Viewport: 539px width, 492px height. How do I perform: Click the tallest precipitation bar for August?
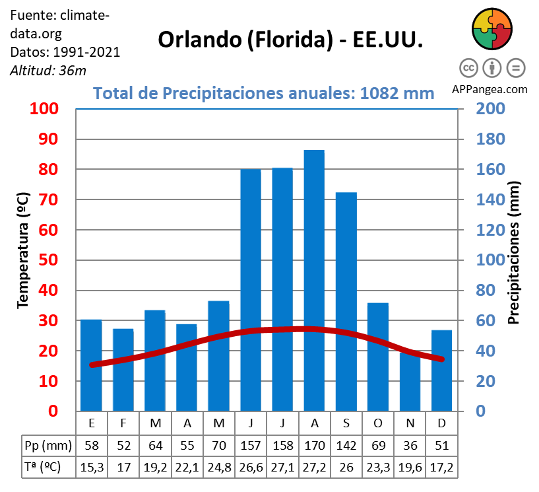pos(314,281)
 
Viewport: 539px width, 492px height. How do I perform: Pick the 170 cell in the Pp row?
pos(314,444)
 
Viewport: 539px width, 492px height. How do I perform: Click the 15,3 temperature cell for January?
pos(92,468)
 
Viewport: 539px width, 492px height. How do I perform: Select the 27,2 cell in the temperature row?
pos(314,468)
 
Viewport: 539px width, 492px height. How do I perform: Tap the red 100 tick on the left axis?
pos(43,109)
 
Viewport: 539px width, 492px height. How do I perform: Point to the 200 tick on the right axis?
pos(491,109)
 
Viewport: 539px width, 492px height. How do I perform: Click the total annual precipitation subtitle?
pos(264,92)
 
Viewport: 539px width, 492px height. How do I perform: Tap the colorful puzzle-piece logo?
pos(492,30)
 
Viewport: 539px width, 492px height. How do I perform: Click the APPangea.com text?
pos(490,88)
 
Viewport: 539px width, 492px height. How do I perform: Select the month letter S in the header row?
pos(346,423)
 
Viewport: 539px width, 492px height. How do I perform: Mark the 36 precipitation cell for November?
pos(410,444)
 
